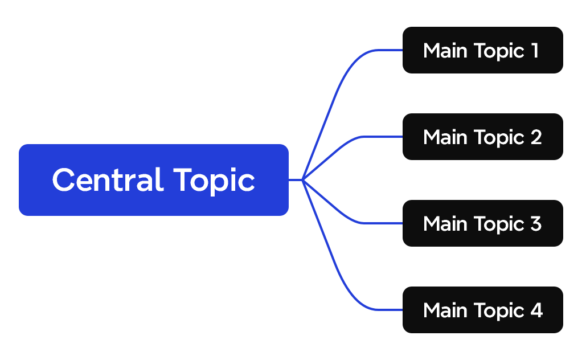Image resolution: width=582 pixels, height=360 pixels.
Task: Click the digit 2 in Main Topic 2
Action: point(535,137)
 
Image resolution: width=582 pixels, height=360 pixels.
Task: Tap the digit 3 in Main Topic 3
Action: point(535,224)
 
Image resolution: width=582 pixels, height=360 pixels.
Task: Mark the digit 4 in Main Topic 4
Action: point(536,310)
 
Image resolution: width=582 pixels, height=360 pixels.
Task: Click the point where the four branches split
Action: point(303,180)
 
